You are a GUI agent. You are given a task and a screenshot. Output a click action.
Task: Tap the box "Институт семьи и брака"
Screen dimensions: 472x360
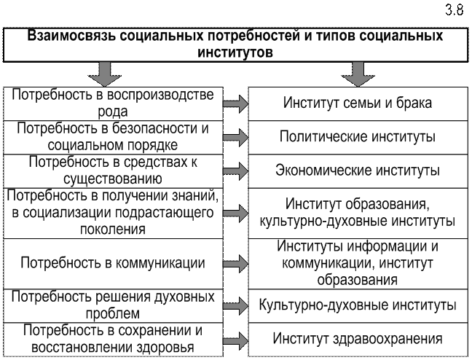[x=357, y=103]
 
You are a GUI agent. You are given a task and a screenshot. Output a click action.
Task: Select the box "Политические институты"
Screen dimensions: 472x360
[x=357, y=136]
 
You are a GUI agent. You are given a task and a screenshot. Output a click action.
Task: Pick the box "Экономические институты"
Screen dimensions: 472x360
[x=357, y=171]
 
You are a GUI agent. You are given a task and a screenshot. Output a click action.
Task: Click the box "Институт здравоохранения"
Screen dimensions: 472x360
[x=357, y=339]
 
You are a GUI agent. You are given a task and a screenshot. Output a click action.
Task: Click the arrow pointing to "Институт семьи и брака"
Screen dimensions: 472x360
[x=235, y=103]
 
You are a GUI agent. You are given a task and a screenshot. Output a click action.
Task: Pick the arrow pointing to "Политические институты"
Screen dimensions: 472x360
[x=235, y=137]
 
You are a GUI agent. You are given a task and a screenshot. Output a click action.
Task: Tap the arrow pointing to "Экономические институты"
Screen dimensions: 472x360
[x=235, y=172]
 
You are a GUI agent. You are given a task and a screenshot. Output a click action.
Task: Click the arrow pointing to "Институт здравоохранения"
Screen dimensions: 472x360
[x=235, y=340]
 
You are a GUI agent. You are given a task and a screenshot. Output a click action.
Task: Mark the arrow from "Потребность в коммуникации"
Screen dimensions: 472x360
[x=235, y=263]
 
